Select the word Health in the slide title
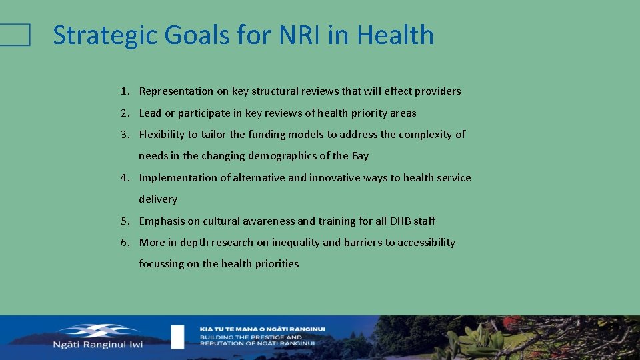pyautogui.click(x=395, y=35)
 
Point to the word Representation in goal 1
pyautogui.click(x=176, y=91)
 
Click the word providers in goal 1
pyautogui.click(x=437, y=91)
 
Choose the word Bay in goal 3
pyautogui.click(x=360, y=156)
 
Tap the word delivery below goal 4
pyautogui.click(x=158, y=199)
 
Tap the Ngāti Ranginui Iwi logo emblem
pyautogui.click(x=97, y=330)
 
